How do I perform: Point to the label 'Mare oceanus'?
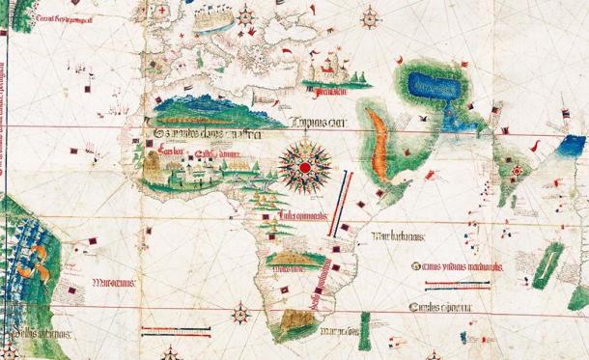[x=114, y=284]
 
